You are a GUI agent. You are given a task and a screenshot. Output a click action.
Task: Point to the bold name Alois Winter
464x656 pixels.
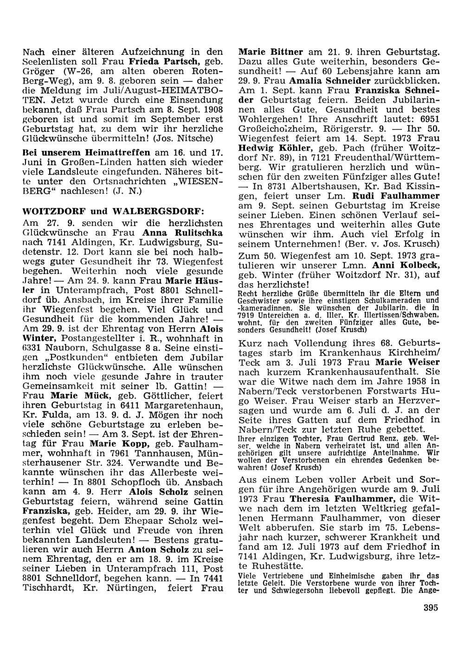[39, 338]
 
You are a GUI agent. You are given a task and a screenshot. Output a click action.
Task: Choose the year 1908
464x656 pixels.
[213, 110]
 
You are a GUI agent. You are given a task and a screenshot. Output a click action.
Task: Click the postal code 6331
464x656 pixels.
[32, 347]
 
